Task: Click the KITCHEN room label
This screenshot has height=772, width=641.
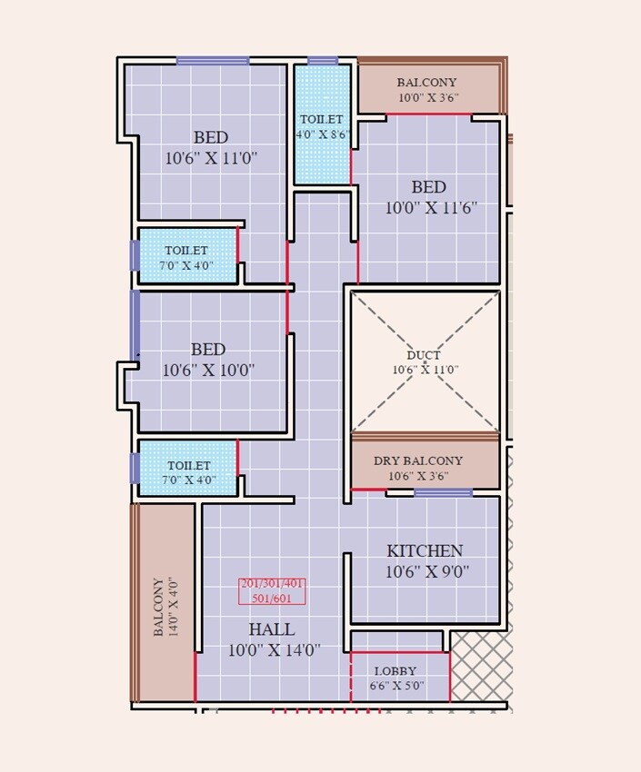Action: coord(425,550)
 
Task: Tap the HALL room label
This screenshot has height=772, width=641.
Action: coord(272,629)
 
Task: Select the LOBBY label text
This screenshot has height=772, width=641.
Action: coord(395,670)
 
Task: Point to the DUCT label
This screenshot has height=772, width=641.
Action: coord(425,355)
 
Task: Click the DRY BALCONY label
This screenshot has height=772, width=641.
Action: coord(418,460)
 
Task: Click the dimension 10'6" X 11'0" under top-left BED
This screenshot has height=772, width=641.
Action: coord(211,158)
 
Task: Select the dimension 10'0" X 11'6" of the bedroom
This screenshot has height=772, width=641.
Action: coord(431,207)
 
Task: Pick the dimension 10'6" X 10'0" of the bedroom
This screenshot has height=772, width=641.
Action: coord(208,371)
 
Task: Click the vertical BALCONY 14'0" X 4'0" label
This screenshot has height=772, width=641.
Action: coord(165,606)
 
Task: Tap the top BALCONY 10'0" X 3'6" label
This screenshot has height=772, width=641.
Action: coord(427,89)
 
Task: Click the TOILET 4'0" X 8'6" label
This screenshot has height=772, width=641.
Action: coord(322,126)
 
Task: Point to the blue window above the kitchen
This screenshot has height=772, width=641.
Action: coord(443,492)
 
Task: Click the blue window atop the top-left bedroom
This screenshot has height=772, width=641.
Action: coord(213,61)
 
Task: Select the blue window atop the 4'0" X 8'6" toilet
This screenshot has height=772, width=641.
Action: coord(323,61)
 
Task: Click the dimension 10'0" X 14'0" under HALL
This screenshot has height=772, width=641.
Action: coord(274,650)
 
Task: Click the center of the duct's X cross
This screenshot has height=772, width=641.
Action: coord(426,361)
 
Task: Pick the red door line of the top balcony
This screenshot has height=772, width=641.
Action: coord(429,114)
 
